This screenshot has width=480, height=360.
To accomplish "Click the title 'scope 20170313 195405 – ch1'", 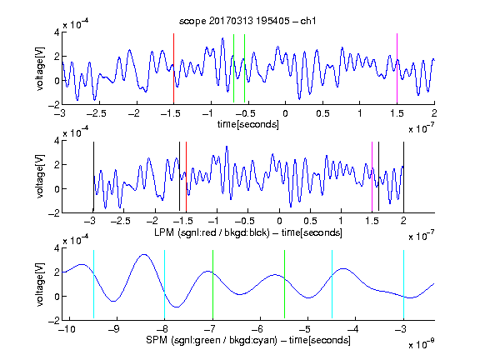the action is coord(247,21).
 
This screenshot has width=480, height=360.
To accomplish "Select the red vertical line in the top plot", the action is coord(173,68).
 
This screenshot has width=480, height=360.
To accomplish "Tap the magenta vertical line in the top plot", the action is coord(397,68).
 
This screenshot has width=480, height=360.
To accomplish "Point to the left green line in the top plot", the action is coord(233,68).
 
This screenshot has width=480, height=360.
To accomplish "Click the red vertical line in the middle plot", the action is coord(186,177).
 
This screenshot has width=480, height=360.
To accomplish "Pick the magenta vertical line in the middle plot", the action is coord(372,177).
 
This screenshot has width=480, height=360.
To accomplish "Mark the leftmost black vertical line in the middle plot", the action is coord(93,177).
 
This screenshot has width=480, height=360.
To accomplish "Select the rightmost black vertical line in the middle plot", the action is coord(403,177).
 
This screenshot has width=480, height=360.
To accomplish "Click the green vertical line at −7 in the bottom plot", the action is coord(212,284).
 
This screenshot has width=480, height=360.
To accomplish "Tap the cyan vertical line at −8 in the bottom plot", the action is coord(165,284).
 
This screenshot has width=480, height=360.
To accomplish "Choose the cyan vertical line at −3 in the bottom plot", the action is coord(403,284).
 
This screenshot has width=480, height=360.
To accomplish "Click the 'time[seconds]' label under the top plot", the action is coord(248,124).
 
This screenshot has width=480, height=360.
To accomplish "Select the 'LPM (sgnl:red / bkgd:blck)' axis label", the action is coord(212,232).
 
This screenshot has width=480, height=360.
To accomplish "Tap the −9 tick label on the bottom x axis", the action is coord(114,329).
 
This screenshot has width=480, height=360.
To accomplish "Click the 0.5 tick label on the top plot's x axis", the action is coord(322,113).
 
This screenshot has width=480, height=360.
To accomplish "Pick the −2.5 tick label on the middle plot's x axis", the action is coord(121,221).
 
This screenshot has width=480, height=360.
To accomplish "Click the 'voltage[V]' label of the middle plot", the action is coord(40,177).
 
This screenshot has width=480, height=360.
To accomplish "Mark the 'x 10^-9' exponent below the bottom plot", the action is coord(421,344).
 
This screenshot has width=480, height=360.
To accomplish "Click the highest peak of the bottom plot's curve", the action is coord(144,254).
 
